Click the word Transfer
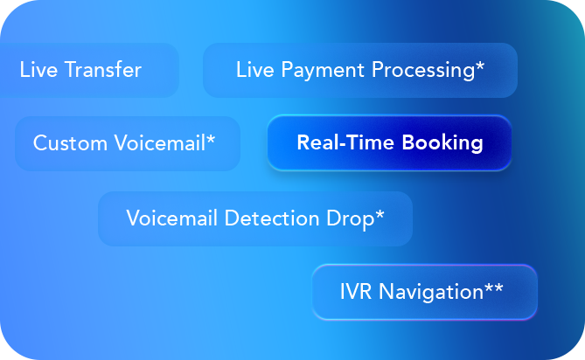click(103, 70)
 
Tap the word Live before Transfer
click(38, 70)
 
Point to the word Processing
click(423, 71)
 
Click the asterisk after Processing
click(480, 66)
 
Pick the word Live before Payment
click(254, 70)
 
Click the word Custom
click(70, 143)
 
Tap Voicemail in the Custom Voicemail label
click(160, 143)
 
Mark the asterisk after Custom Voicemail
click(211, 140)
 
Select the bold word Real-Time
click(345, 142)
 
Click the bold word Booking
click(442, 143)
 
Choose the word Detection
click(272, 218)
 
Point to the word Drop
click(351, 219)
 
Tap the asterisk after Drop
click(380, 214)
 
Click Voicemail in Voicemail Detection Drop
click(172, 218)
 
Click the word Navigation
click(431, 292)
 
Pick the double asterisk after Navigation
click(494, 288)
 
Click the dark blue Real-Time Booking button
click(389, 143)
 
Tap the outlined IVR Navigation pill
click(425, 292)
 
